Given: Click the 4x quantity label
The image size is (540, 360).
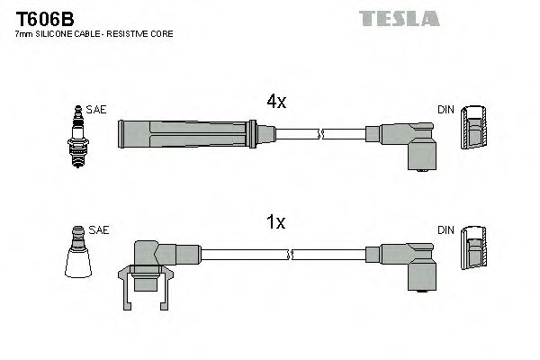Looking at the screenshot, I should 277,103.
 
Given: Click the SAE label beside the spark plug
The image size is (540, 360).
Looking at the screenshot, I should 97,110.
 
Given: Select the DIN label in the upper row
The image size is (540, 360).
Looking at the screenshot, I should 445,110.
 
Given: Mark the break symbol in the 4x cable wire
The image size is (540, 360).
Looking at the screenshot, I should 321,135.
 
